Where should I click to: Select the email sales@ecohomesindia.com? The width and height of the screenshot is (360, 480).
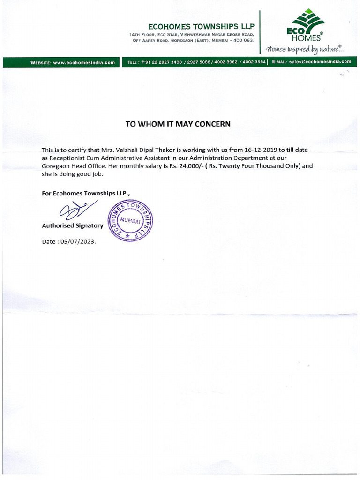click(320, 62)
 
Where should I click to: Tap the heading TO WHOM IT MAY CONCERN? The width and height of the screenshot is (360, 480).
click(178, 124)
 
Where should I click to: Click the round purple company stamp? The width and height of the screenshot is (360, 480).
click(131, 219)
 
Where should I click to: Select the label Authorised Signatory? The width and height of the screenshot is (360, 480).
click(72, 225)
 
